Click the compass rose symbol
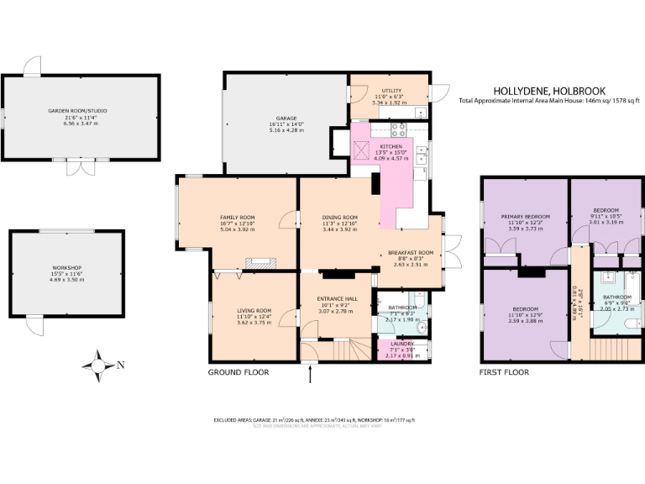pyautogui.click(x=98, y=365)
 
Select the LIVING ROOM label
pyautogui.click(x=254, y=310)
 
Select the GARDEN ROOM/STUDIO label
pyautogui.click(x=77, y=111)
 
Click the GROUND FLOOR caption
pyautogui.click(x=237, y=371)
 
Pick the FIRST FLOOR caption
pyautogui.click(x=504, y=371)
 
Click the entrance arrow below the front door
pyautogui.click(x=311, y=374)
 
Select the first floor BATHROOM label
pyautogui.click(x=616, y=297)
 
